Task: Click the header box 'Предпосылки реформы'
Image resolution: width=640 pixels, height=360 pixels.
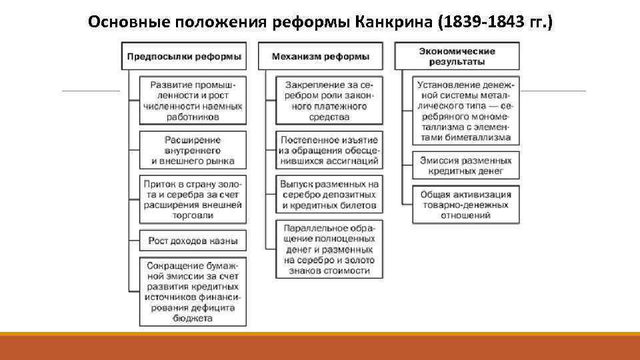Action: [183, 57]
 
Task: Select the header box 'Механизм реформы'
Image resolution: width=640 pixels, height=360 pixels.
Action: [321, 57]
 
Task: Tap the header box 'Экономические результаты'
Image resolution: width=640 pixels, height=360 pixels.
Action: [457, 57]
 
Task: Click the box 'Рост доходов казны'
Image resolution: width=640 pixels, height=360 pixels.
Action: [192, 241]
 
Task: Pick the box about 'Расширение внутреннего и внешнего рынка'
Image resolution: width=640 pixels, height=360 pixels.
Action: [192, 150]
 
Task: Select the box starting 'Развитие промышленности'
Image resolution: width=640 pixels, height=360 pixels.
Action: [192, 101]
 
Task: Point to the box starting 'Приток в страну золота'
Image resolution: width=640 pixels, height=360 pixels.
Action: [192, 199]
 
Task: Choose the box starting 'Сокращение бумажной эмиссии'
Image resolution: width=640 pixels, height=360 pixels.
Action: [192, 291]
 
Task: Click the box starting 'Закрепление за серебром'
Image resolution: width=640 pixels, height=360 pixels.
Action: [329, 101]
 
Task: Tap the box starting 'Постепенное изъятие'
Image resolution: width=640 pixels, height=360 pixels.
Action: [329, 150]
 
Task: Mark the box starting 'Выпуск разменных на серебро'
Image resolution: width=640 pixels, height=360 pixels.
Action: [329, 195]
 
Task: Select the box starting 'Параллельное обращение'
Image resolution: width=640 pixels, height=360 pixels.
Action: [329, 249]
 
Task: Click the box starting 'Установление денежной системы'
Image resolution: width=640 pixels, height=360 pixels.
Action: [465, 111]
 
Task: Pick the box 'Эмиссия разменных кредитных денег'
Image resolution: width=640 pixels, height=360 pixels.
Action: [465, 166]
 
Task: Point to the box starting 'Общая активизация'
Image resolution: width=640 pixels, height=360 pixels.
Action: [465, 205]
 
